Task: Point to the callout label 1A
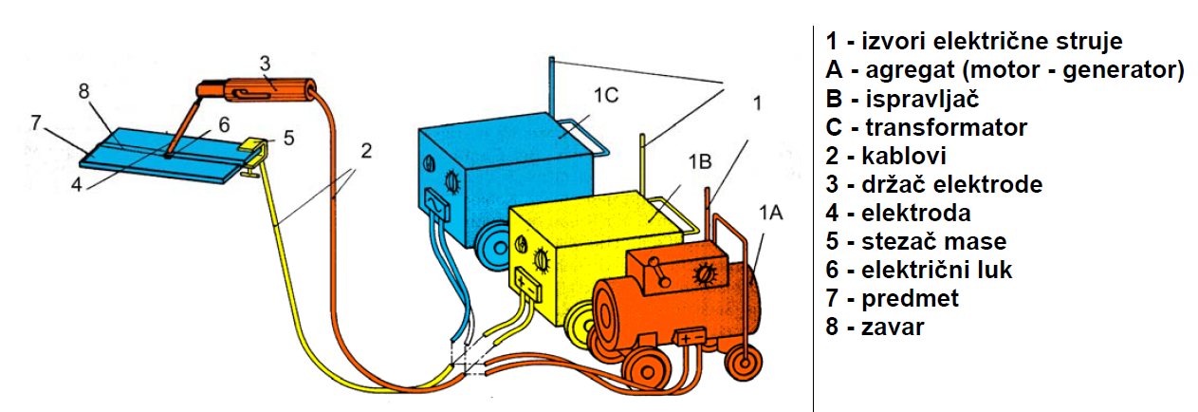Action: (769, 215)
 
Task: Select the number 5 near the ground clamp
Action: (288, 137)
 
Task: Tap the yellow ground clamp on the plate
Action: (251, 149)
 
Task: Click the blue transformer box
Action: (493, 161)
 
